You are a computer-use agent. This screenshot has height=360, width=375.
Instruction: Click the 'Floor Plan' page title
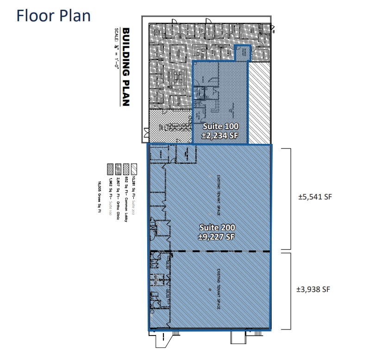53,15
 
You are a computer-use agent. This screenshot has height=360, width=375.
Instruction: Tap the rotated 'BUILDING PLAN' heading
126,68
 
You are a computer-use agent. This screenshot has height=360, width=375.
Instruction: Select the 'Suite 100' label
220,126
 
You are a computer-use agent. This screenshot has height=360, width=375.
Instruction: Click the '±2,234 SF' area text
220,135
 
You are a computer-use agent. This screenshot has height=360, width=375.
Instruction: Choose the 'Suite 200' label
217,227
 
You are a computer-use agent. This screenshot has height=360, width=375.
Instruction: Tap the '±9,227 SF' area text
217,236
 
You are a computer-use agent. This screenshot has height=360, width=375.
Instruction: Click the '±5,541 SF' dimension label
315,196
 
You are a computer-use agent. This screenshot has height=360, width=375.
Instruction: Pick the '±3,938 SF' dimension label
315,289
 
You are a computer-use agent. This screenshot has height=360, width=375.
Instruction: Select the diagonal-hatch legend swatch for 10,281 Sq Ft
133,167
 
